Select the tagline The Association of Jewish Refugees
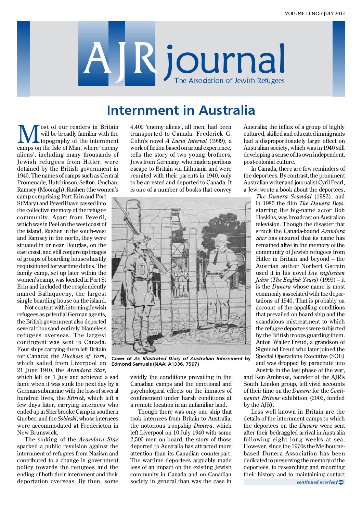pos(229,81)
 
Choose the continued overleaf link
pos(320,482)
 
